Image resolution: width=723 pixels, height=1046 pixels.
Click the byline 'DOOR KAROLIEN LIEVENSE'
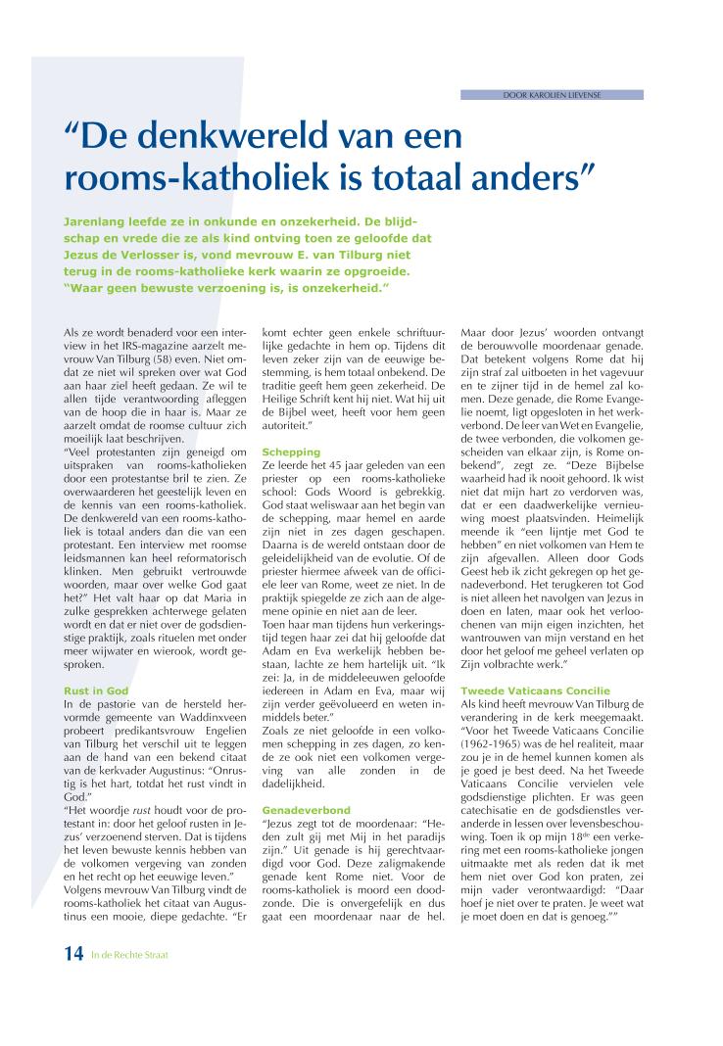(552, 95)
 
